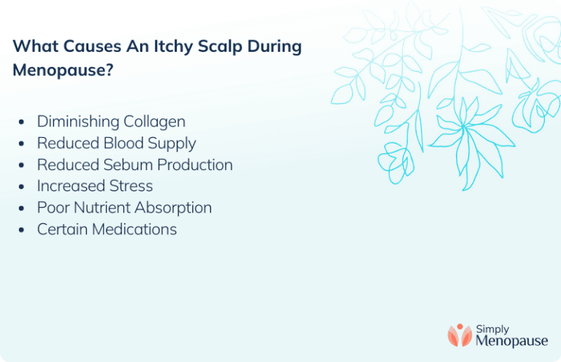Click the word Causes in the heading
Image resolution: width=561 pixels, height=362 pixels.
tap(89, 47)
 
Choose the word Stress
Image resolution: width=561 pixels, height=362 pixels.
tap(129, 186)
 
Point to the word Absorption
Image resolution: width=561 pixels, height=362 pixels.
tap(172, 208)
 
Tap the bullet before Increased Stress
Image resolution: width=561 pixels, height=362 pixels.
tap(22, 187)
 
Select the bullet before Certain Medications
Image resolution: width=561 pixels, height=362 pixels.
tap(22, 230)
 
